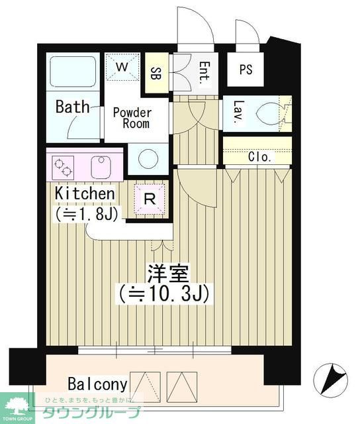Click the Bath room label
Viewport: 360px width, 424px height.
pos(72,107)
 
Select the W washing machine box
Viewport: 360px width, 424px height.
pos(123,67)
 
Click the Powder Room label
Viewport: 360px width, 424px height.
pos(132,117)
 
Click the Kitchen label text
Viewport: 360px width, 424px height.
pos(85,193)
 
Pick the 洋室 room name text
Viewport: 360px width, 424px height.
pos(169,272)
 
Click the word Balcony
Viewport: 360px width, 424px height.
pos(97,384)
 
